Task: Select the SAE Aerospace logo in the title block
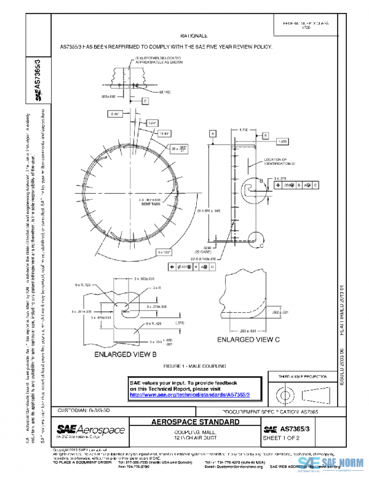pos(90,430)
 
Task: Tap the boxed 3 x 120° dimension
pos(164,252)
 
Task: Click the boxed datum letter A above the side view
pos(213,133)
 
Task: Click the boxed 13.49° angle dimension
pos(164,133)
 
